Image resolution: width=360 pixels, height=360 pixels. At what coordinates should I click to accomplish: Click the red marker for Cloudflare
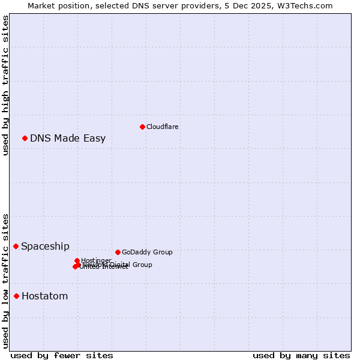[x=142, y=127]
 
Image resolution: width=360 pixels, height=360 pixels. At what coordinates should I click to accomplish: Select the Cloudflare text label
[x=163, y=127]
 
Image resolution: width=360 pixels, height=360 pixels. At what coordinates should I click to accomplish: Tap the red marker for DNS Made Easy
[x=25, y=139]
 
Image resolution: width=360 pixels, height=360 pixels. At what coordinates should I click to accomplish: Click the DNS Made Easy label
[x=68, y=139]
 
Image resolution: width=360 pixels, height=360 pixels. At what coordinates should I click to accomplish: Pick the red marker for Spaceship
[x=16, y=246]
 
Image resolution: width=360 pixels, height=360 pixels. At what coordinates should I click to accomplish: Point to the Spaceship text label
[x=45, y=246]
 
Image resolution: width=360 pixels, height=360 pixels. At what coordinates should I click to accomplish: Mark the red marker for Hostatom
[x=16, y=296]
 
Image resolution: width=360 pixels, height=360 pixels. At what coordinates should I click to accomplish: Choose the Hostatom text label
[x=44, y=296]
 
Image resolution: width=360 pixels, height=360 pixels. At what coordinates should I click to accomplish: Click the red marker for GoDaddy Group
[x=118, y=252]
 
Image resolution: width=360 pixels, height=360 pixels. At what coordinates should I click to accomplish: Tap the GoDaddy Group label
[x=147, y=252]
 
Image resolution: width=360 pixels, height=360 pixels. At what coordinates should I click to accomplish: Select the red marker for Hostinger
[x=77, y=260]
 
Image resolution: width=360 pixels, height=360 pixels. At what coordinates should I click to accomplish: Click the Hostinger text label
[x=96, y=260]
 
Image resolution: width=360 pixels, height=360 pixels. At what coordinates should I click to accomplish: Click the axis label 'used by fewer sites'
[x=62, y=355]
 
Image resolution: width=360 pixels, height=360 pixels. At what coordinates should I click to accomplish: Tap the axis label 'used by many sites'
[x=301, y=355]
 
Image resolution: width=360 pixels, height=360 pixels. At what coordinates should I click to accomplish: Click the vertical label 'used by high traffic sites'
[x=5, y=85]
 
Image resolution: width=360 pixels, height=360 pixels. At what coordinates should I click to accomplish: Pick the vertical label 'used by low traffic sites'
[x=5, y=280]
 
